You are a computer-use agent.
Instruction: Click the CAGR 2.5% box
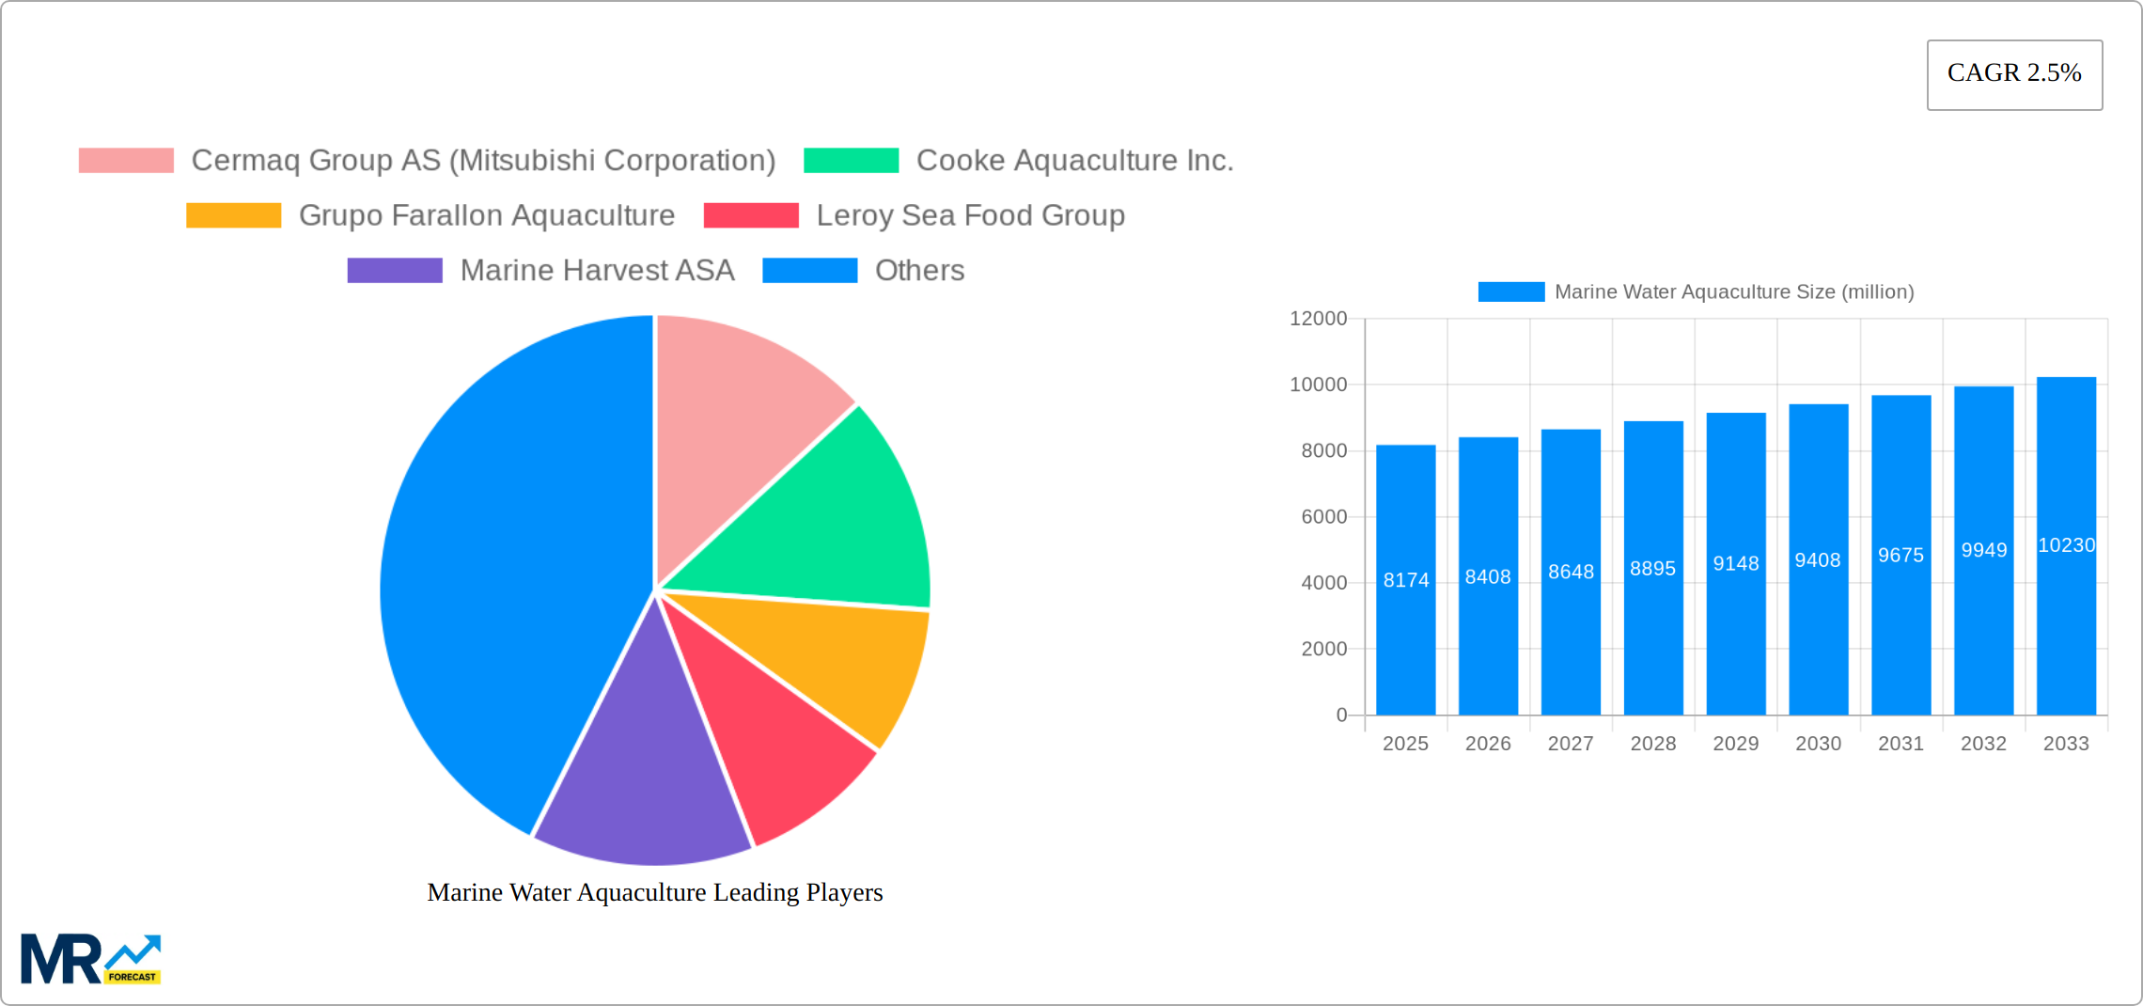tap(2014, 74)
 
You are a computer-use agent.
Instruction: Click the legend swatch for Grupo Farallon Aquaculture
tap(233, 215)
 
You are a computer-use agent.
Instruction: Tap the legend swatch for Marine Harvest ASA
tap(395, 271)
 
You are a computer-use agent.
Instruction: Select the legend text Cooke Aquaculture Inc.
tap(1074, 161)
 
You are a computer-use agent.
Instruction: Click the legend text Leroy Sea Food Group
tap(970, 215)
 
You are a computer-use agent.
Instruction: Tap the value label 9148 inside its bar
tap(1735, 563)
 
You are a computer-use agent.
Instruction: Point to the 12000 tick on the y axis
tap(1318, 319)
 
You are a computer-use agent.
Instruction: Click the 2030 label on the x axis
tap(1818, 744)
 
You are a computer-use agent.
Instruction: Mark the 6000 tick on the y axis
tap(1323, 517)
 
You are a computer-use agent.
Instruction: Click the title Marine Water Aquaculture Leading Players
tap(655, 892)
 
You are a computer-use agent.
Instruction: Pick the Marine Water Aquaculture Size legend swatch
tap(1510, 292)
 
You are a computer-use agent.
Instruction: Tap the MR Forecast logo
tap(91, 959)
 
